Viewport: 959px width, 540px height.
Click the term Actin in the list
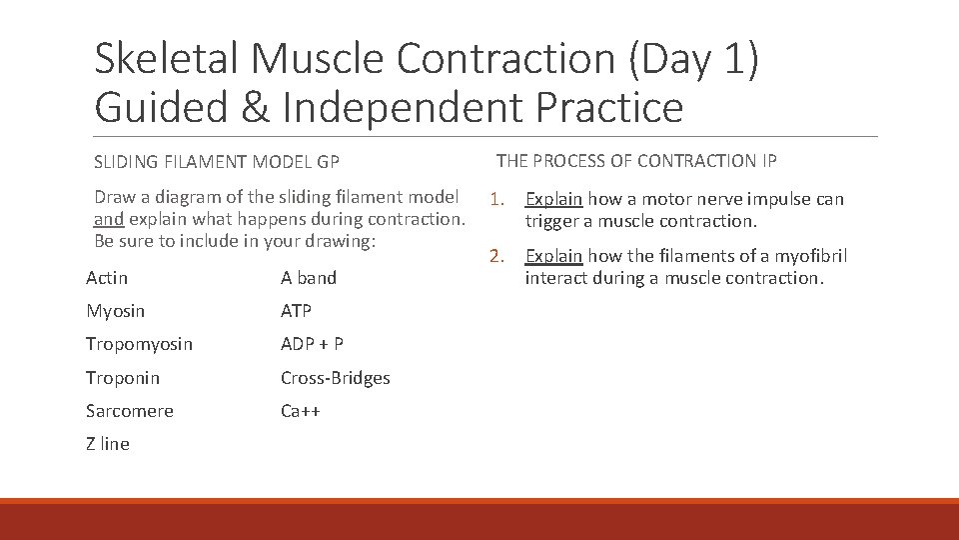pos(107,278)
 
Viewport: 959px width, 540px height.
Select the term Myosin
pos(115,311)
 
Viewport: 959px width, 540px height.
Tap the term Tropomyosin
pos(139,344)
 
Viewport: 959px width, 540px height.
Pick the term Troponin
pos(122,378)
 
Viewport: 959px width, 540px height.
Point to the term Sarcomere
pos(129,411)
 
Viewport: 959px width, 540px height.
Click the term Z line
pos(108,444)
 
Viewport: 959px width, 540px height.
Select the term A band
pos(309,278)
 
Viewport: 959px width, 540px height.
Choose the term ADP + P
pos(312,344)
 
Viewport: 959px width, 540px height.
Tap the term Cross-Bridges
pos(335,378)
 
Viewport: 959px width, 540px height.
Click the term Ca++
pos(300,411)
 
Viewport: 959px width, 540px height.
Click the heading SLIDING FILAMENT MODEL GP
pos(217,162)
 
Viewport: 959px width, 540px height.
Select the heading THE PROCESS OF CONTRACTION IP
pos(636,161)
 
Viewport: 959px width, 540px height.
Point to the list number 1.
pos(495,200)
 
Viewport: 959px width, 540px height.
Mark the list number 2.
pos(495,257)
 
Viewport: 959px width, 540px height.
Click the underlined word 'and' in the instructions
pos(108,219)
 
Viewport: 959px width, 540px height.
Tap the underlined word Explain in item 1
pos(553,199)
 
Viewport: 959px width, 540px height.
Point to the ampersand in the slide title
pos(255,107)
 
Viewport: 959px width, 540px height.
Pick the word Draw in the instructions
pos(114,197)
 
